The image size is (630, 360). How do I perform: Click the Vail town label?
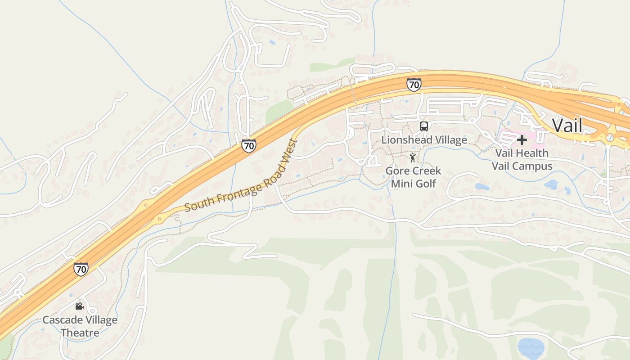click(x=567, y=125)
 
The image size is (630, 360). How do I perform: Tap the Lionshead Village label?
click(x=424, y=140)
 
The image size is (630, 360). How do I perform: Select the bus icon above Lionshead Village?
click(x=424, y=126)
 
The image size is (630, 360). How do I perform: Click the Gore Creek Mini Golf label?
click(x=413, y=177)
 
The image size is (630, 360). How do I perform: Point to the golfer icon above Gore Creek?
click(x=413, y=157)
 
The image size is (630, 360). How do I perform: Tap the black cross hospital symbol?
click(x=522, y=140)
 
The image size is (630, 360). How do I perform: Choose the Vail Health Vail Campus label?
click(x=522, y=159)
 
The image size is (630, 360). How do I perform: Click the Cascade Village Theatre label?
click(x=80, y=326)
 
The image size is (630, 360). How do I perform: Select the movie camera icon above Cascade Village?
click(x=80, y=306)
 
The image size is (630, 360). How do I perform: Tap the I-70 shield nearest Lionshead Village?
click(x=414, y=84)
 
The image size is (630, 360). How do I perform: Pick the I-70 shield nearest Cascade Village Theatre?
click(x=81, y=269)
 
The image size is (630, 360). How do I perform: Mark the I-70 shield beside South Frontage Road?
click(x=248, y=145)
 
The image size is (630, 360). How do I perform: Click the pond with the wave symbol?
click(x=531, y=347)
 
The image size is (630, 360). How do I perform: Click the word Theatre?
click(x=80, y=333)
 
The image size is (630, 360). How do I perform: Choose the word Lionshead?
click(x=404, y=140)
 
